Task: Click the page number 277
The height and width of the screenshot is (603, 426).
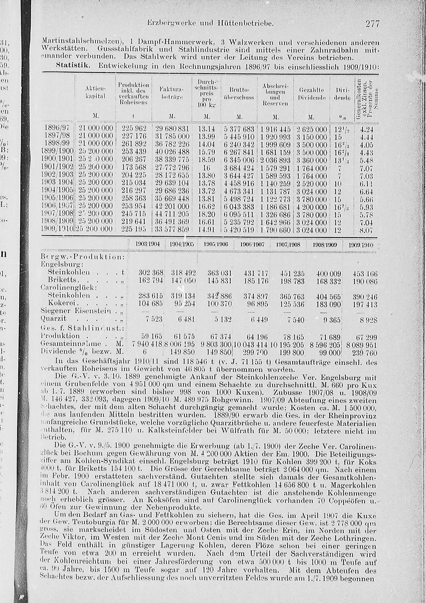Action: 371,23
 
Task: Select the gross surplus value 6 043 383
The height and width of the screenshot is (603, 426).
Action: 239,207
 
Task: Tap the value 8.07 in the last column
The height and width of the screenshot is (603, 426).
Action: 367,230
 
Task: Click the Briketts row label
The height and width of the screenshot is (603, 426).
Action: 62,279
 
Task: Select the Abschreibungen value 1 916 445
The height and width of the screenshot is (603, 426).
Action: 275,129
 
